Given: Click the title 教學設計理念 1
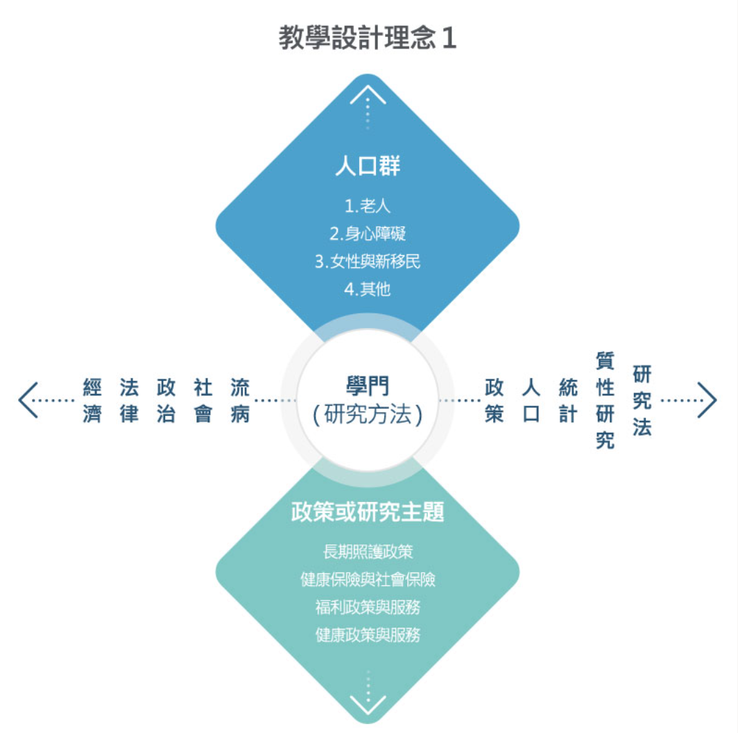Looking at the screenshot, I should tap(368, 38).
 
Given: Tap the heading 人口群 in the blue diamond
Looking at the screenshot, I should tap(368, 167).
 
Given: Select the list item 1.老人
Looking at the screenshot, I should tap(368, 206).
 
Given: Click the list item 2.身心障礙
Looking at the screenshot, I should tap(368, 234).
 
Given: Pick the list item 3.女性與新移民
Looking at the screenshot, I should tap(368, 261).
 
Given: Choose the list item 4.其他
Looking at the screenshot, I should tap(368, 289).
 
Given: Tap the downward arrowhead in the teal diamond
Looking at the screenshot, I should tap(368, 705).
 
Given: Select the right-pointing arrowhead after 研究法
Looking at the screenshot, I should tap(707, 400).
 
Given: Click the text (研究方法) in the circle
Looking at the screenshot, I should tap(368, 415).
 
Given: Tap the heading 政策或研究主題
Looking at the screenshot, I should tap(368, 512).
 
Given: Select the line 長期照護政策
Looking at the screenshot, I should tap(368, 552).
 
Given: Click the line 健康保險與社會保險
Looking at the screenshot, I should tap(368, 579).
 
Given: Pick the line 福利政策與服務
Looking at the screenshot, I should tap(368, 607).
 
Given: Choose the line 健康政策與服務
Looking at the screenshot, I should tap(368, 635).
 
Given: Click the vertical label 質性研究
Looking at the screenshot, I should tap(605, 400).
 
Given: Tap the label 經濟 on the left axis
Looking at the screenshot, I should tap(92, 400).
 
